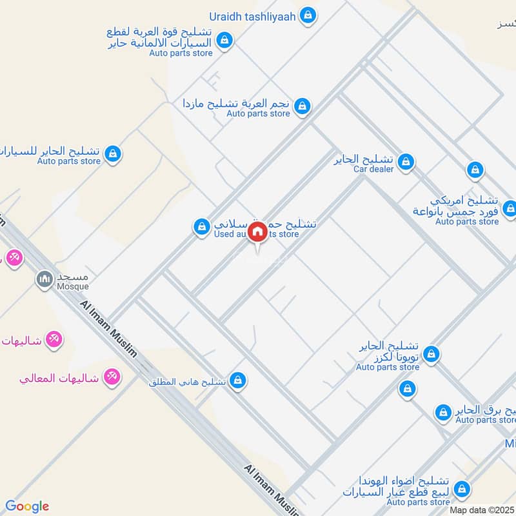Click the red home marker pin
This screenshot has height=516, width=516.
click(x=258, y=232)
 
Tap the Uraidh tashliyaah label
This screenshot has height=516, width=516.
click(x=252, y=15)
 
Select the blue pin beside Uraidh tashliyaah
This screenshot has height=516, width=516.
click(x=308, y=15)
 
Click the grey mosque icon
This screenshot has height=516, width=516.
click(x=44, y=279)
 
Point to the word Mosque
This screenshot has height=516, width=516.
click(x=70, y=286)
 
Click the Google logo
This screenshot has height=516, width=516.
click(x=27, y=506)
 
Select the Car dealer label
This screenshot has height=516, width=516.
click(x=373, y=169)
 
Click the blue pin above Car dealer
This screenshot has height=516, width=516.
click(x=406, y=161)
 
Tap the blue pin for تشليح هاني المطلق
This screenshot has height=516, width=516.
click(x=238, y=381)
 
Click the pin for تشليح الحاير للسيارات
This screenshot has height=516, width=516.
click(x=114, y=154)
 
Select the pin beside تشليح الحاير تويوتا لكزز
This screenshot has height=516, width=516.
click(x=432, y=353)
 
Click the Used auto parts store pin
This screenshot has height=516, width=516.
click(x=202, y=226)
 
